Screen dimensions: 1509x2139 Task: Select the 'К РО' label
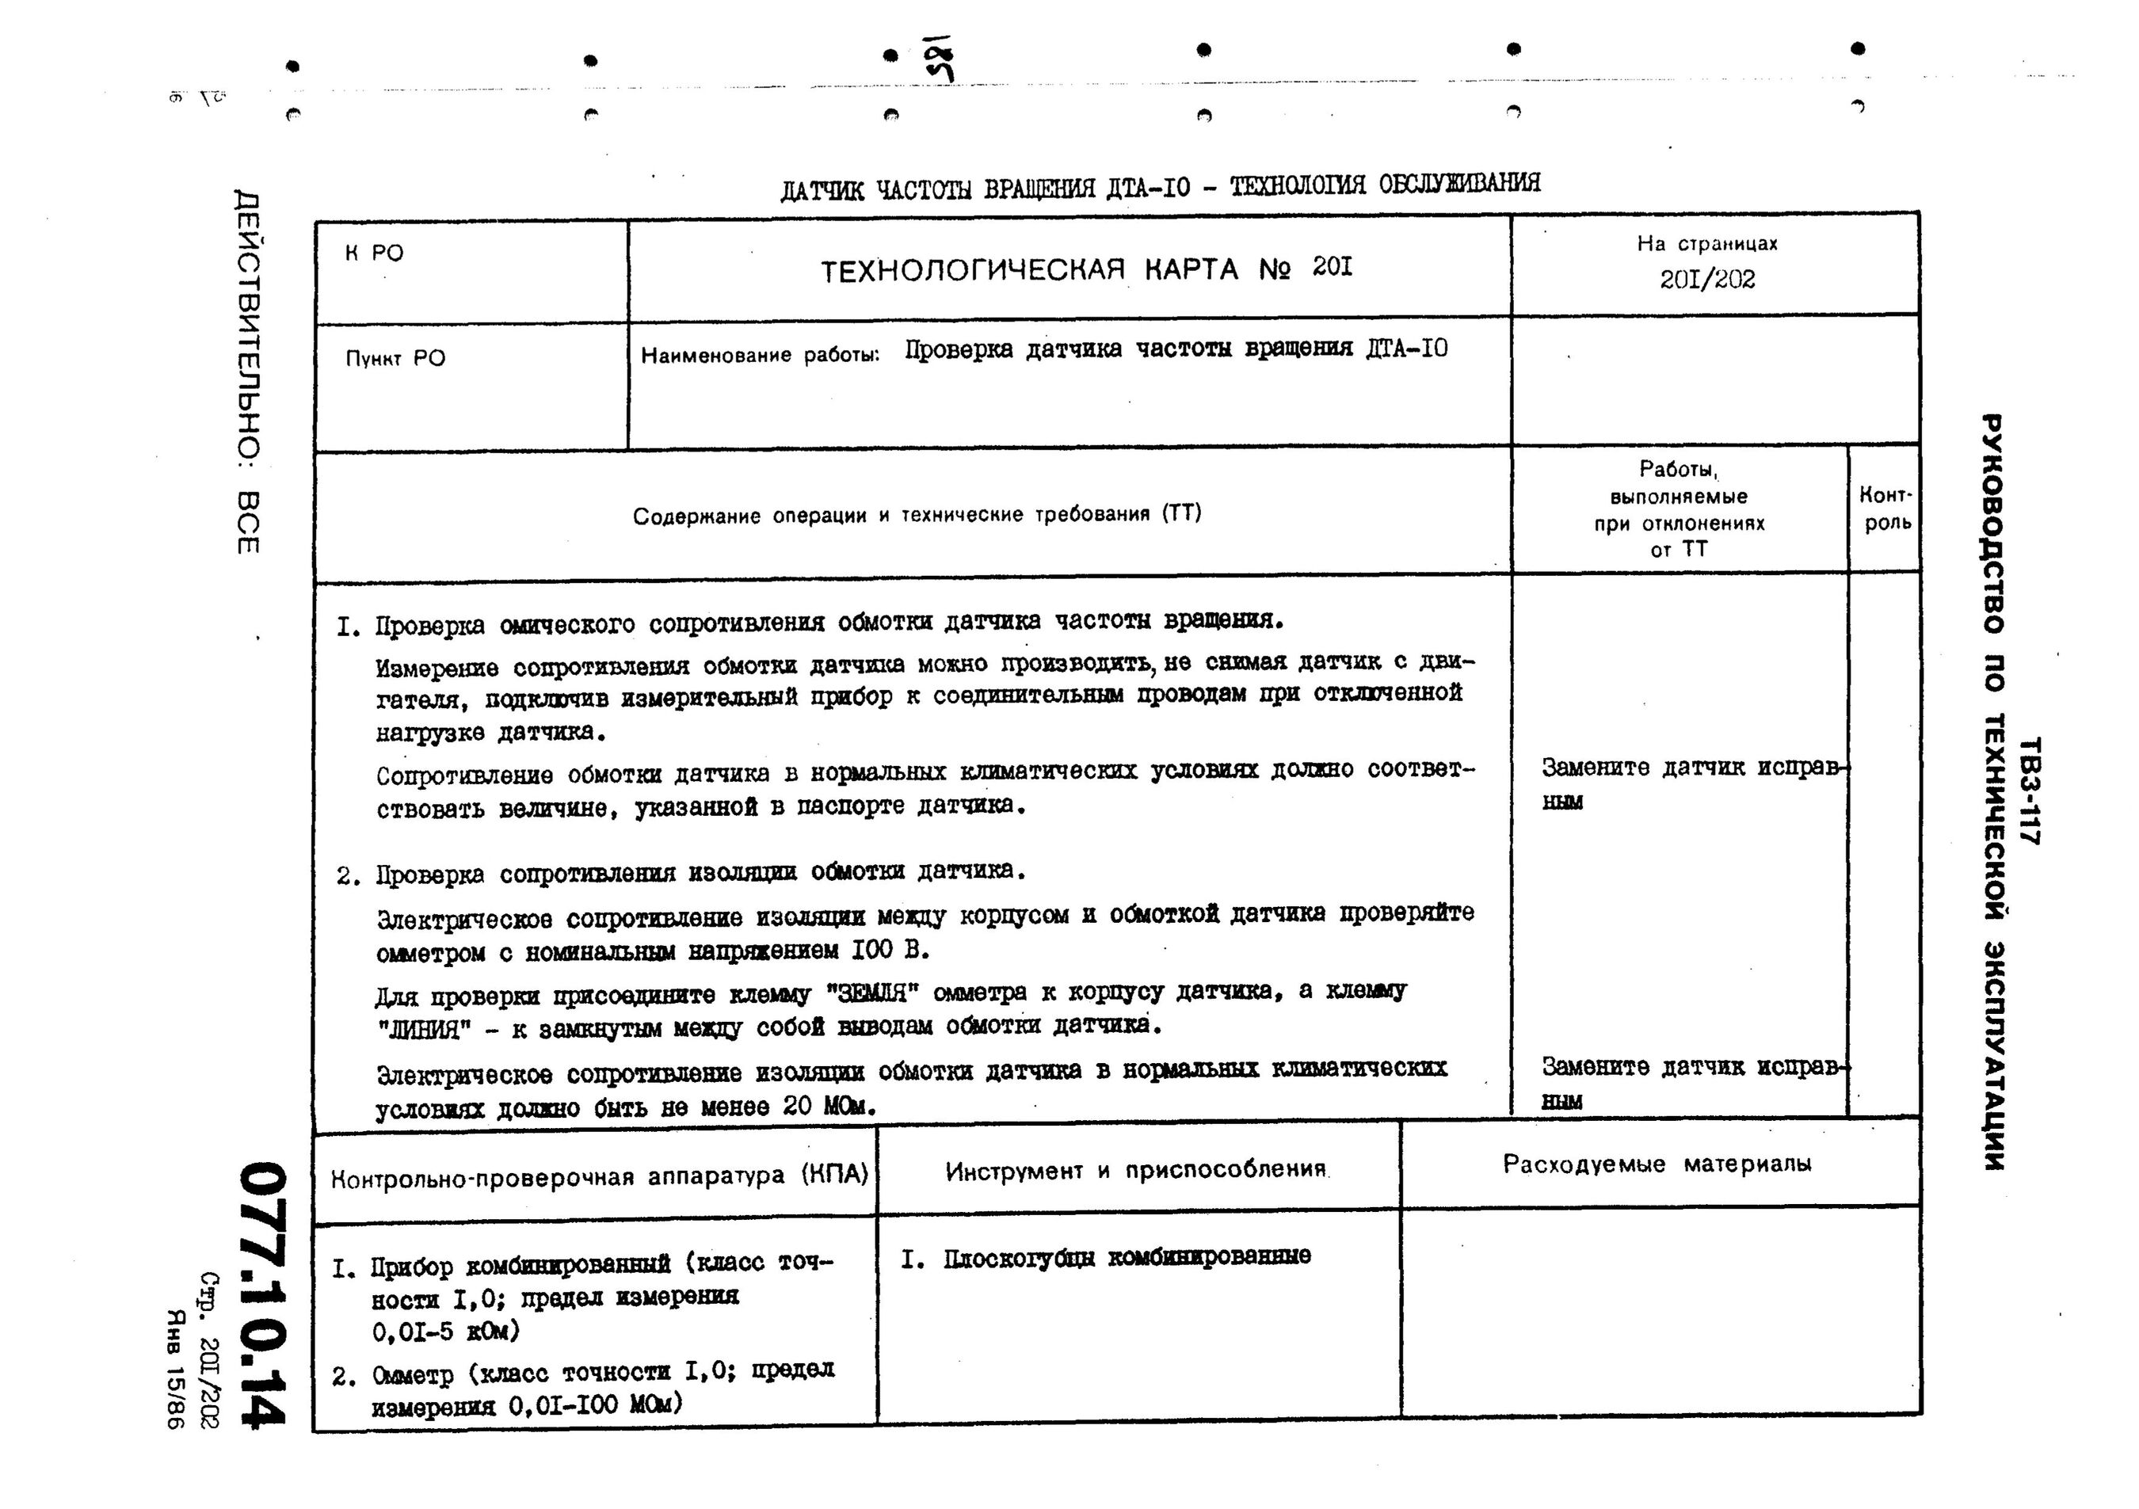coord(374,253)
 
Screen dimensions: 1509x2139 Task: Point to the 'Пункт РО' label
coord(395,359)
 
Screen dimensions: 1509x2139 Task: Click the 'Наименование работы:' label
coord(759,355)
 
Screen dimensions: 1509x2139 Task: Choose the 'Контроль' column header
coord(1885,509)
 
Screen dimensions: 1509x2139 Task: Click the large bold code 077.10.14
coord(261,1295)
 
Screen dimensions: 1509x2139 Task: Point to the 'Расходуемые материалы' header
coord(1657,1164)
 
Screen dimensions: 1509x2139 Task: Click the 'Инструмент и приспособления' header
coord(1135,1171)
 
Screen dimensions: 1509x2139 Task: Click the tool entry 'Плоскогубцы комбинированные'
coord(1127,1258)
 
